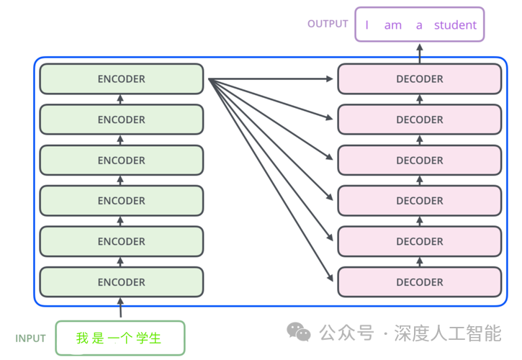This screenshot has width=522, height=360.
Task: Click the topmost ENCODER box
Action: pos(122,79)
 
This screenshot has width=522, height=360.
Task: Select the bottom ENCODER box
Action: pos(122,282)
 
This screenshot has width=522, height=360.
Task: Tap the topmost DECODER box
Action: pos(420,79)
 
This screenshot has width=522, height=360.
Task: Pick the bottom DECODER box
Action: pos(420,282)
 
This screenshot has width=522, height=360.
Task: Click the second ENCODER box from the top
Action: pos(122,120)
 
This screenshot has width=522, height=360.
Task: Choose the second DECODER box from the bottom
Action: pos(420,241)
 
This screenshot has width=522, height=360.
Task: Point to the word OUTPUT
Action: pos(328,24)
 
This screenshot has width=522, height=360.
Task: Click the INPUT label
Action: pos(30,338)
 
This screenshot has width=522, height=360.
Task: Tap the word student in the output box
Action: pos(455,25)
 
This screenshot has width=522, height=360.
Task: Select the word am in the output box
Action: pos(392,25)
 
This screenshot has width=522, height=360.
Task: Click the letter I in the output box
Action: pos(367,25)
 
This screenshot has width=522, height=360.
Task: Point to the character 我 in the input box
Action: pos(82,338)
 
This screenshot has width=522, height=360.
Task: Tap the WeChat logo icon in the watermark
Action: pos(299,332)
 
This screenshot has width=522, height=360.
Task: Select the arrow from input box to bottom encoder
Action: pos(121,309)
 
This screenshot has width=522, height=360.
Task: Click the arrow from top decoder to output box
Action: pos(420,52)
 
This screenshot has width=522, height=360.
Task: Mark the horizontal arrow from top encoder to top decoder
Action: pos(274,79)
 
